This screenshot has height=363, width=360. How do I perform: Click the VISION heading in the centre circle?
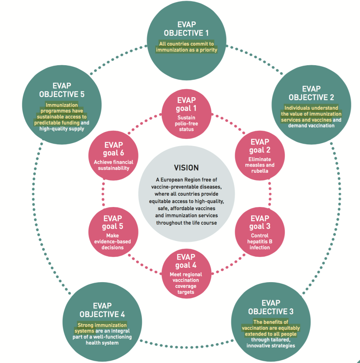click(186, 168)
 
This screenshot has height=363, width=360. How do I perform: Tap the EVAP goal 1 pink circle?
click(186, 113)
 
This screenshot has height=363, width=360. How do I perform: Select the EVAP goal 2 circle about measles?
click(260, 156)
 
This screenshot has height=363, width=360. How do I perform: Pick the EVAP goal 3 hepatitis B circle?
click(260, 232)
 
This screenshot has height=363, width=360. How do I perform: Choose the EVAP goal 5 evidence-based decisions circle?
click(113, 232)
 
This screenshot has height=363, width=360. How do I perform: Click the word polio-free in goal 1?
click(186, 124)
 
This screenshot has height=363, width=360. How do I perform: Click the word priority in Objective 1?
click(207, 50)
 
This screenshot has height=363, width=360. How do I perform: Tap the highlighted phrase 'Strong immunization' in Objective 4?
click(102, 328)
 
